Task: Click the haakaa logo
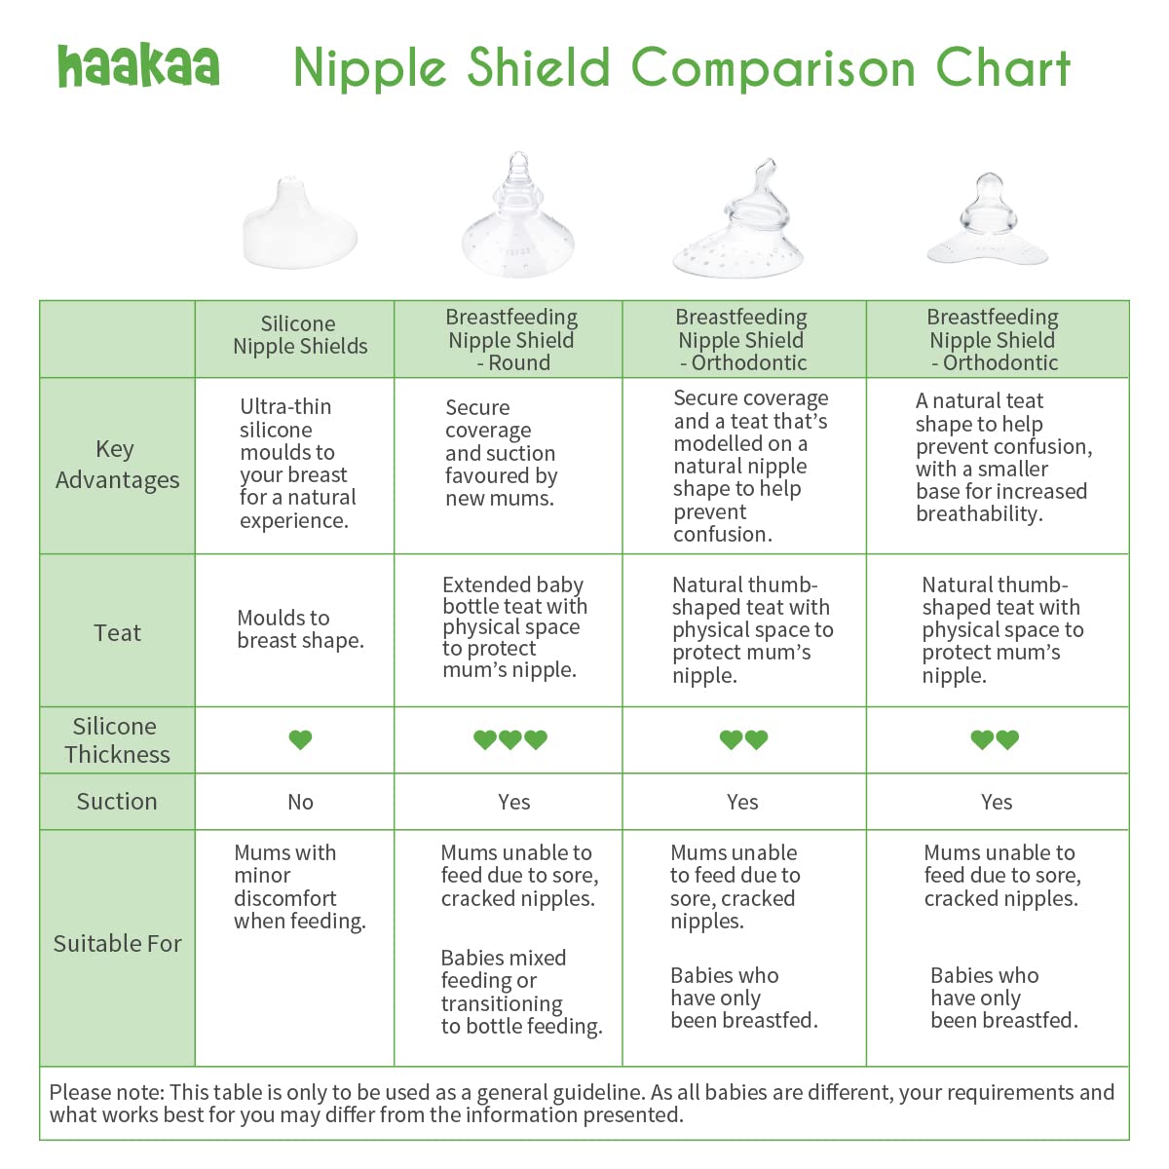[138, 65]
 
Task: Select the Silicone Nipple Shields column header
[299, 335]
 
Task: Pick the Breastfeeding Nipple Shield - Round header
[511, 340]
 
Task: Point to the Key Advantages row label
[117, 465]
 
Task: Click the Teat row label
[117, 633]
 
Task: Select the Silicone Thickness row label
[117, 740]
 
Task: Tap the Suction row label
[117, 802]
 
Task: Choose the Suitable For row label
[117, 944]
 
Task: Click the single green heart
[300, 740]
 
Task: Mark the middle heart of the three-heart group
[509, 740]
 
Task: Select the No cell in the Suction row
[300, 803]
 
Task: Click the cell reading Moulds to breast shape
[300, 629]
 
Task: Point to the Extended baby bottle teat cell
[513, 627]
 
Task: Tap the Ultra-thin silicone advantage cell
[297, 464]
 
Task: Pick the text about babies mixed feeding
[520, 992]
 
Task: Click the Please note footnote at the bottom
[582, 1104]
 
